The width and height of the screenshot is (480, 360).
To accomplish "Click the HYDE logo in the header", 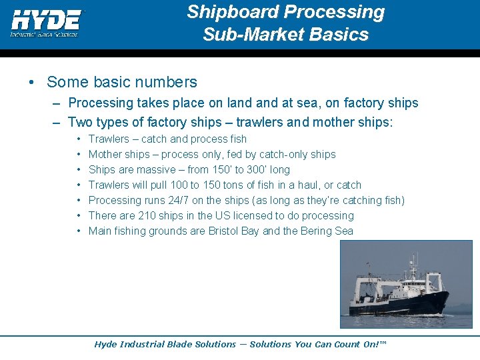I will click(45, 21).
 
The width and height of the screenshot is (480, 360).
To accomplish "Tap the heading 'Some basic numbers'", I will click(122, 82).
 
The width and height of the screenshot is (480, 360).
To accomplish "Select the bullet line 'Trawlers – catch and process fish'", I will click(167, 139).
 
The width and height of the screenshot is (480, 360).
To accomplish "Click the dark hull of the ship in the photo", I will click(400, 303).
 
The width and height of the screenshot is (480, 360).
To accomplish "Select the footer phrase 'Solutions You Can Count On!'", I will click(317, 345).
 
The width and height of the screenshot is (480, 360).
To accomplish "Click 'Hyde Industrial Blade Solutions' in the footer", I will click(165, 345).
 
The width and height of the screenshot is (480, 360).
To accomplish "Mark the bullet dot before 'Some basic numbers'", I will click(32, 83).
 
